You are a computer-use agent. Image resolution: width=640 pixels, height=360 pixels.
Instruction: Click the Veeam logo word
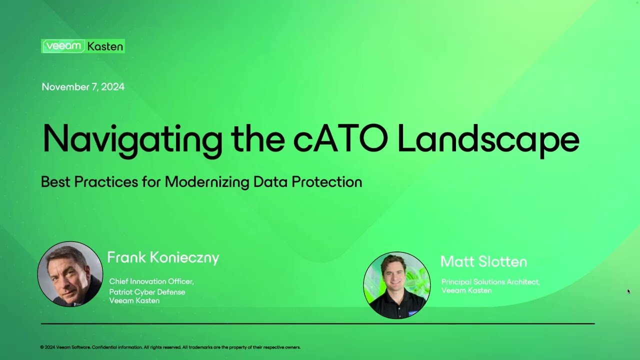pos(63,46)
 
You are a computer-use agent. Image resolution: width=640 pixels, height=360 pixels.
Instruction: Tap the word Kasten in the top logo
pos(105,46)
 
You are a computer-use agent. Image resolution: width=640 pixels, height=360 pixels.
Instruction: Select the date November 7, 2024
pos(83,87)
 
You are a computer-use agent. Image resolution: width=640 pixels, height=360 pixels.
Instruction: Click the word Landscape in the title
pos(488,138)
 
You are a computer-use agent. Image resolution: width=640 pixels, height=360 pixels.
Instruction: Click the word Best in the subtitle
pos(56,181)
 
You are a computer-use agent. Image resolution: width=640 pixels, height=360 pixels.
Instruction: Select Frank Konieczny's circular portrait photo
pos(70,274)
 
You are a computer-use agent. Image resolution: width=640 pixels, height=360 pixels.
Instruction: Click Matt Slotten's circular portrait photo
pos(396,284)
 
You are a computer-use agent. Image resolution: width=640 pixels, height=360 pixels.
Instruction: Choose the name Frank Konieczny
pos(163,258)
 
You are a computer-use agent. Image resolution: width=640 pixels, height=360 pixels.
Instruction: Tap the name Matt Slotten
pos(483,261)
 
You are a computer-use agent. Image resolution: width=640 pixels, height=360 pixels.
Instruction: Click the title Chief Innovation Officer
pos(151,281)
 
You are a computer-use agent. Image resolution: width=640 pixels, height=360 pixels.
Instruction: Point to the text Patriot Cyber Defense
pos(147,291)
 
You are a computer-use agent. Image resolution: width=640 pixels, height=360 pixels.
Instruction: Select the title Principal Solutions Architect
pos(490,282)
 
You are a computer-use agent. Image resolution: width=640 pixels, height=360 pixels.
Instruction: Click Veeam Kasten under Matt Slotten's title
pos(466,290)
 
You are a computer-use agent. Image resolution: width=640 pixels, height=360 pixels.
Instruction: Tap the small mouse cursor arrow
pos(628,291)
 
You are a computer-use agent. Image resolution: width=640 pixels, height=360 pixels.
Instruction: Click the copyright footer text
pos(170,347)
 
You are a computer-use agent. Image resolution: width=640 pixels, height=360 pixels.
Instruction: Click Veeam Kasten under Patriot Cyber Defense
pos(134,300)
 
